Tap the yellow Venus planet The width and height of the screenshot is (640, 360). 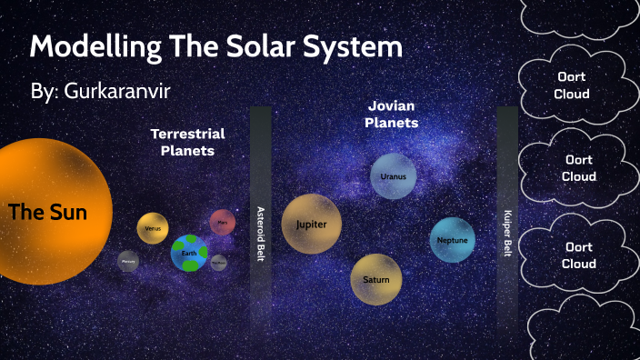153,228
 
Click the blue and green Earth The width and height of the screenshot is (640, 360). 189,253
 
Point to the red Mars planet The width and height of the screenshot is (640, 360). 223,222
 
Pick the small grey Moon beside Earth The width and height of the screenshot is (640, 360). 218,262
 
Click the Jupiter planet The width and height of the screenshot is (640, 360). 311,224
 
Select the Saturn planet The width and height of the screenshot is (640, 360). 376,279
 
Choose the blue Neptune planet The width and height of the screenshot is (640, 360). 453,240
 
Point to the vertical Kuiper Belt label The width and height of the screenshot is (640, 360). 507,234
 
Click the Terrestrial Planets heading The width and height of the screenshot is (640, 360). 187,142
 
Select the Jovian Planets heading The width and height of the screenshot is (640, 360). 392,114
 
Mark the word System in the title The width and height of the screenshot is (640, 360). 355,47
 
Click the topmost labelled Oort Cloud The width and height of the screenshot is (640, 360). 574,85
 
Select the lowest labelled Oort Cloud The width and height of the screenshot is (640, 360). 579,255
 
